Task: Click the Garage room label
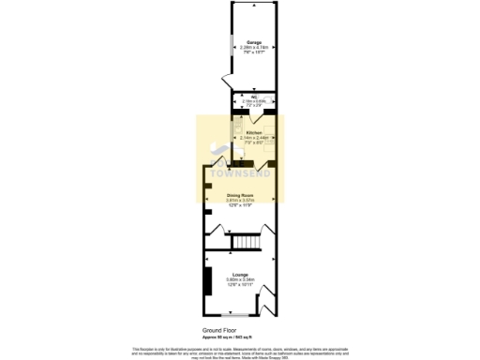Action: (253, 42)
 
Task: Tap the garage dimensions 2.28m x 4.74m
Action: (253, 47)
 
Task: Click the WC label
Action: (254, 97)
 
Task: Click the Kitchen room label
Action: (253, 133)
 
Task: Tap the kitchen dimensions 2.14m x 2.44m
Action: (253, 139)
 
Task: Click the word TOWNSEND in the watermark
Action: (240, 174)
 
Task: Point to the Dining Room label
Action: (240, 195)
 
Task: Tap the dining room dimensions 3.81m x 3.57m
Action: (240, 201)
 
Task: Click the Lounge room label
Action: (240, 274)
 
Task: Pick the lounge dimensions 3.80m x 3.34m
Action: (240, 279)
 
